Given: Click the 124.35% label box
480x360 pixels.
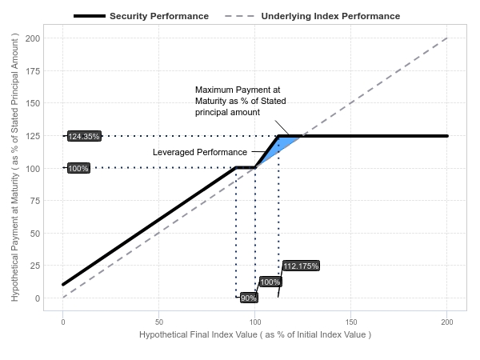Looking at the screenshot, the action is [84, 136].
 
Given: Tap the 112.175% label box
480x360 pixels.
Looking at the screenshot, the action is [301, 266].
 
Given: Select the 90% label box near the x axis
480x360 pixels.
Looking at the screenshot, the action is [248, 298].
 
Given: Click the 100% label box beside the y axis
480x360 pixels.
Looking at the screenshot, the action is [78, 168].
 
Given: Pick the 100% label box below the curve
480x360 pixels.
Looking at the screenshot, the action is [270, 282].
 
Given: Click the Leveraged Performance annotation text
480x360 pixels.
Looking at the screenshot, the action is [200, 152].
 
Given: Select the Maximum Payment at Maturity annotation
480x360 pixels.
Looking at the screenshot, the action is [241, 101].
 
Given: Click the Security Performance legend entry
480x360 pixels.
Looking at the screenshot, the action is [141, 16].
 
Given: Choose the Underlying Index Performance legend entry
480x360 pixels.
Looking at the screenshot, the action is [312, 16].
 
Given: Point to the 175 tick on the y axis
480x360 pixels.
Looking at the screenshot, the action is [33, 71].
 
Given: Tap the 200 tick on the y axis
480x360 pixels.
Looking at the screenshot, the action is [33, 38].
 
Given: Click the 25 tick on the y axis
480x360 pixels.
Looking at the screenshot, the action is [35, 266].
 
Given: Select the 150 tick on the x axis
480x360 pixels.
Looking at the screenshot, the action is [351, 322].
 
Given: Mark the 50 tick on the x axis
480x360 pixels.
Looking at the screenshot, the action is [159, 322].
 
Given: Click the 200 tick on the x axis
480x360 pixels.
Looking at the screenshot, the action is [447, 322].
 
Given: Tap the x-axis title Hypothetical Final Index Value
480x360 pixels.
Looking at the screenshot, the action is [255, 334].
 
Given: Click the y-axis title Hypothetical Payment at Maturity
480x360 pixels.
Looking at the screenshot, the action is [14, 167].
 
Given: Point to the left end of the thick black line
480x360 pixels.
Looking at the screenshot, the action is [63, 285].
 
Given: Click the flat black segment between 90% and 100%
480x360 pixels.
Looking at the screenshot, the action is [246, 167].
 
